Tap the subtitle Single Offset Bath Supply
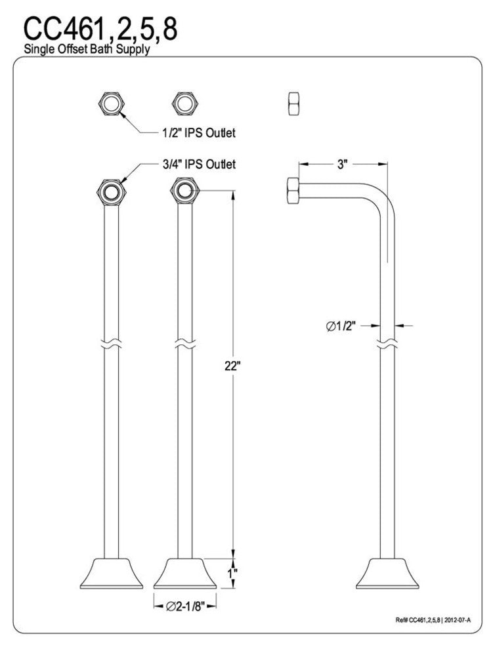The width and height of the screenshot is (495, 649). tap(87, 50)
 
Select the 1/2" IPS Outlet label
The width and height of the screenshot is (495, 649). tap(198, 133)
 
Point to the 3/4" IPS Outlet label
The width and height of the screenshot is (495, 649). tap(198, 164)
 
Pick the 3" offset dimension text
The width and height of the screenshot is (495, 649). tap(342, 165)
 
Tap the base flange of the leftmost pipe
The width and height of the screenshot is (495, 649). tap(111, 572)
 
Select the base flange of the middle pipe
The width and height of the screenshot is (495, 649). tap(184, 572)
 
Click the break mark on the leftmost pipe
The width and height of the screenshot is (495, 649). tap(111, 343)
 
